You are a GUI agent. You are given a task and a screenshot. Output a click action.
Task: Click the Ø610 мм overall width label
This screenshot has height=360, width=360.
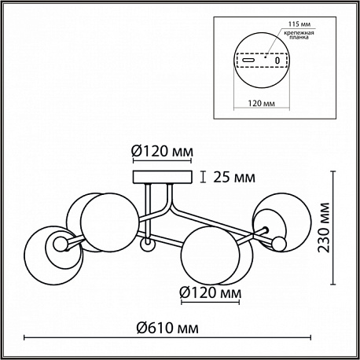click(167, 328)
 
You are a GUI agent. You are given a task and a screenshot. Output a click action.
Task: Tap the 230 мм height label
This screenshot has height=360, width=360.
click(324, 227)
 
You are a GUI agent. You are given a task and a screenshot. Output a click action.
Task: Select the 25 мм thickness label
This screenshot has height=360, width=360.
click(234, 177)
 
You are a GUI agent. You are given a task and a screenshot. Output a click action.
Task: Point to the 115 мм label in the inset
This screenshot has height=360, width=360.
click(299, 24)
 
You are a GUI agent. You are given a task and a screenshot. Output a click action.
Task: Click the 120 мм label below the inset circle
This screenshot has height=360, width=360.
click(262, 103)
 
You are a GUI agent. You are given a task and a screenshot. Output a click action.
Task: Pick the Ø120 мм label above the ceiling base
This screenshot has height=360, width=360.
click(163, 151)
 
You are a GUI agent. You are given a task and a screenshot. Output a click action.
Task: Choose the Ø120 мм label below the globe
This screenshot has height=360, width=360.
click(211, 292)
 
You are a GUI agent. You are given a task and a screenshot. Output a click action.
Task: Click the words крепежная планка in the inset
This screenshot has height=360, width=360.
click(299, 35)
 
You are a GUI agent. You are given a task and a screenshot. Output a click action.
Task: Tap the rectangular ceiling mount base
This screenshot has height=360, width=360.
click(163, 177)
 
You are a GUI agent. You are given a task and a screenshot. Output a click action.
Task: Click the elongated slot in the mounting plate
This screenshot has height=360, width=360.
click(248, 60)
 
